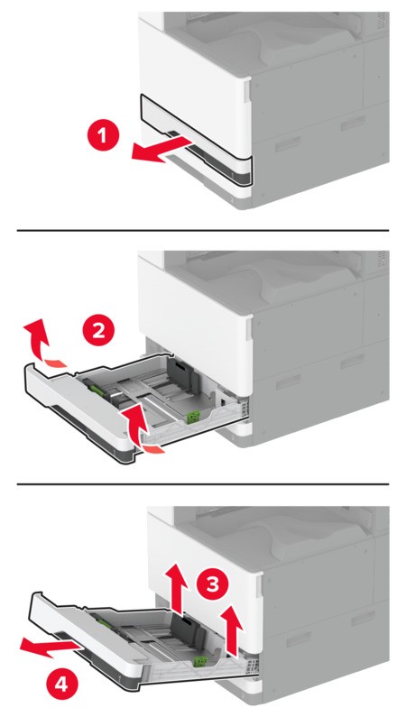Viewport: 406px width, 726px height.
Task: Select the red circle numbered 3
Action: tap(214, 584)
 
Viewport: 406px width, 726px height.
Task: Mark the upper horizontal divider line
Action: tap(203, 230)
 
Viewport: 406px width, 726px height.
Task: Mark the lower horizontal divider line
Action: tap(203, 483)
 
